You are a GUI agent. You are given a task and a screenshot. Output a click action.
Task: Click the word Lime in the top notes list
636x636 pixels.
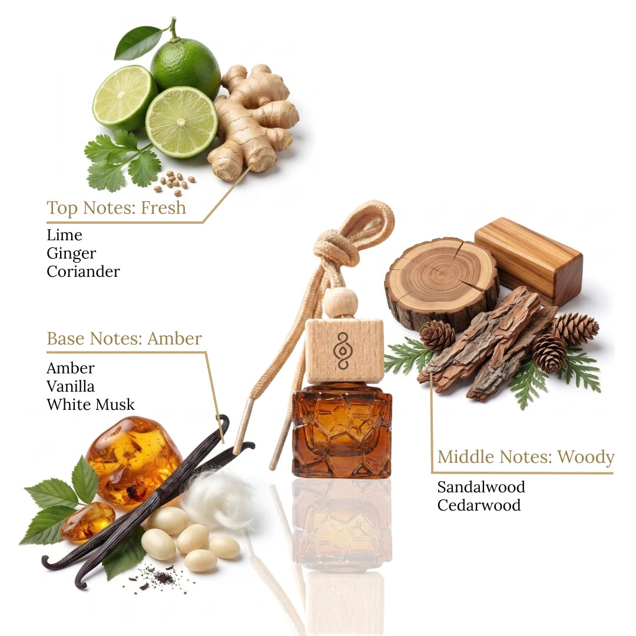65,235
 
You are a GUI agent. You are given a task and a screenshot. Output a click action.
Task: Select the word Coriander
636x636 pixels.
83,271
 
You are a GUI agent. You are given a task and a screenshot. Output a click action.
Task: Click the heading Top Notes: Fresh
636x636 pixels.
117,208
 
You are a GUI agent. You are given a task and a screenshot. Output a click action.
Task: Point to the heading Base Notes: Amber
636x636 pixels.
124,338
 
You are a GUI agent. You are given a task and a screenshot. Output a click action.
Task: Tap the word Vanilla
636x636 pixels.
71,386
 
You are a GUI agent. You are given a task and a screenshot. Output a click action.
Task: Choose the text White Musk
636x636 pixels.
91,405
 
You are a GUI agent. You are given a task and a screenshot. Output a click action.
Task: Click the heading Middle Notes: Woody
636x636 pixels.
526,457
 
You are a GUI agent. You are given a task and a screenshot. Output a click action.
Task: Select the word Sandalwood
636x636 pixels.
481,487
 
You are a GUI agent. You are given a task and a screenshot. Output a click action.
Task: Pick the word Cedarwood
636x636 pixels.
479,505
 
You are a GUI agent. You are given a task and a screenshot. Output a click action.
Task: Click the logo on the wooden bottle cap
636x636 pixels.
343,351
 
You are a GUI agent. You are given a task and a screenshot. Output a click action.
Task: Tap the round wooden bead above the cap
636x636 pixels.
340,303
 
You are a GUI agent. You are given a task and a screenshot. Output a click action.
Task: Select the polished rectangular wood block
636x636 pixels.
529,260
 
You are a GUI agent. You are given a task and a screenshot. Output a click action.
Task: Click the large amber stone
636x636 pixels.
133,461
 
